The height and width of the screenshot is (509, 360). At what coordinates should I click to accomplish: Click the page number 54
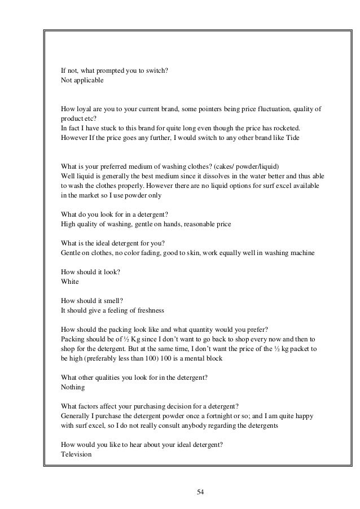[x=200, y=492]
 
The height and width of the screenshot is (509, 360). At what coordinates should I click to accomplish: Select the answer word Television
[x=76, y=454]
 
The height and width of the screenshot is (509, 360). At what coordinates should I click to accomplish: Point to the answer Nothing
[x=73, y=388]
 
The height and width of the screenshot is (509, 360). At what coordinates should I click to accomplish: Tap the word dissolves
[x=201, y=176]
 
